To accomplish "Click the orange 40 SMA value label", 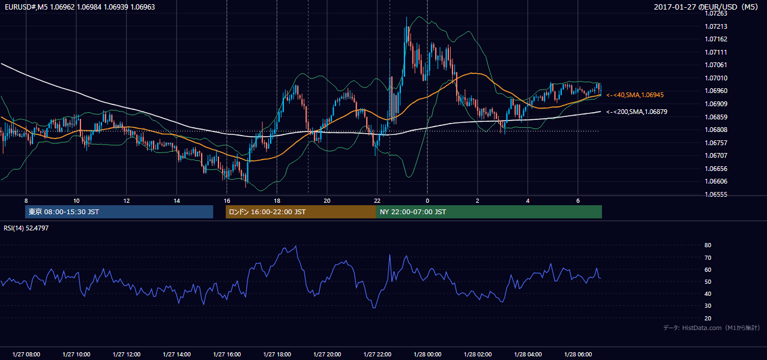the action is click(x=635, y=95).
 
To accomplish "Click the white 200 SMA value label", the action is click(x=637, y=112).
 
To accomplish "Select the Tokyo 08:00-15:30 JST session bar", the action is click(x=119, y=212).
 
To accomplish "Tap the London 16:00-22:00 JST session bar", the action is click(x=301, y=212).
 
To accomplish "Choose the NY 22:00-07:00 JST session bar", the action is click(x=489, y=212).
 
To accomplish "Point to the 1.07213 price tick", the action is click(x=716, y=26).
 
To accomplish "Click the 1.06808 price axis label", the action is click(x=716, y=130).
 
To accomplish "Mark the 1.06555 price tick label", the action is click(x=716, y=194).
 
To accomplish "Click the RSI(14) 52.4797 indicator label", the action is click(x=26, y=228).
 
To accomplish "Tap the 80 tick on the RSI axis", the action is click(x=708, y=245).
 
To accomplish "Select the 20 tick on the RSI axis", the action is click(x=708, y=318).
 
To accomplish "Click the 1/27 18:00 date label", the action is click(x=277, y=354).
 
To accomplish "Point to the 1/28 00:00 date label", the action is click(x=427, y=354).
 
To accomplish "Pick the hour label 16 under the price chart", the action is click(x=227, y=201).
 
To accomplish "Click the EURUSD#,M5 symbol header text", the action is click(x=26, y=7).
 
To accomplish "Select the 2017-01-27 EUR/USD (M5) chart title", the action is click(x=706, y=7).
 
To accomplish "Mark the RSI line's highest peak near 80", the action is click(x=296, y=246).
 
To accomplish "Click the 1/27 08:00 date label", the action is click(x=26, y=354).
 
